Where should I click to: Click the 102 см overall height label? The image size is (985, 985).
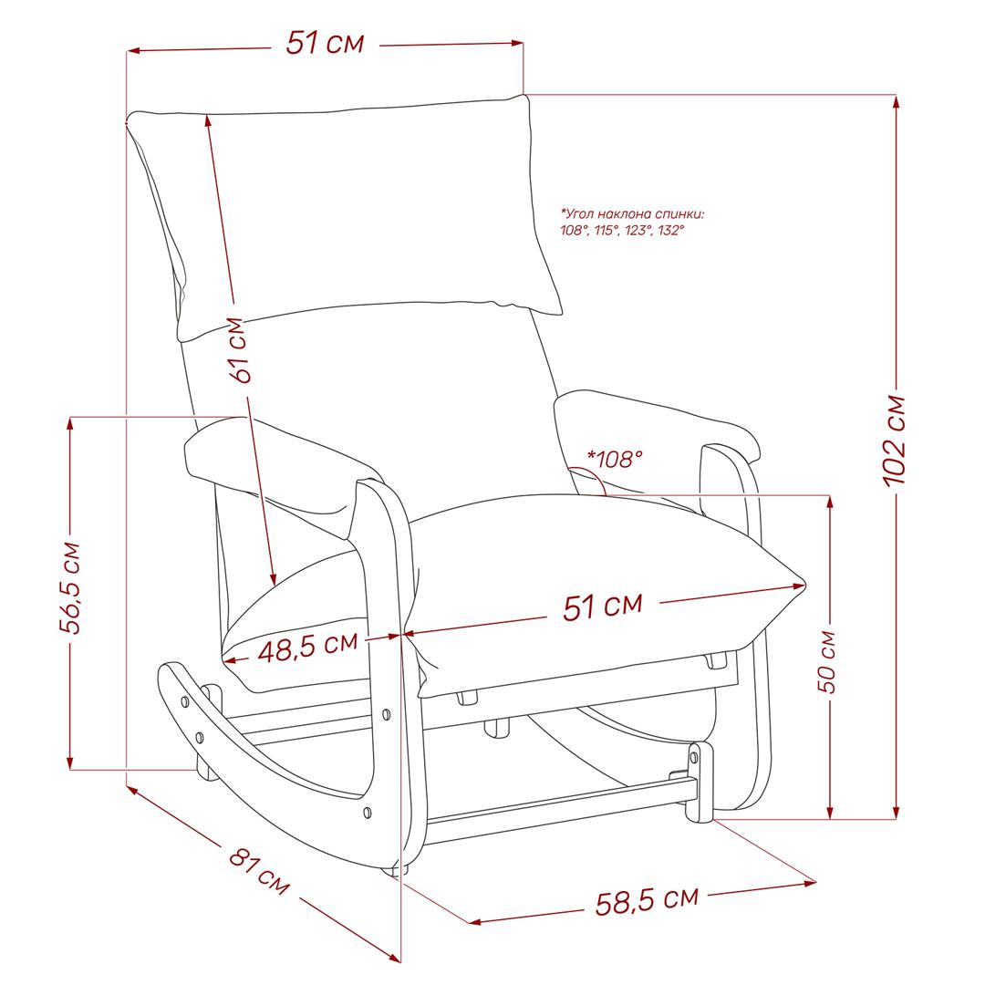click(x=895, y=441)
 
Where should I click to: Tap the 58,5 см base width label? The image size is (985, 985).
click(x=647, y=901)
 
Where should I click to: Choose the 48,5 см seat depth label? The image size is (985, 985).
click(x=308, y=647)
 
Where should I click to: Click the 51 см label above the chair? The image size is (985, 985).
click(x=325, y=44)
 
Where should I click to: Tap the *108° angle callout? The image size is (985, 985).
click(x=615, y=459)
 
